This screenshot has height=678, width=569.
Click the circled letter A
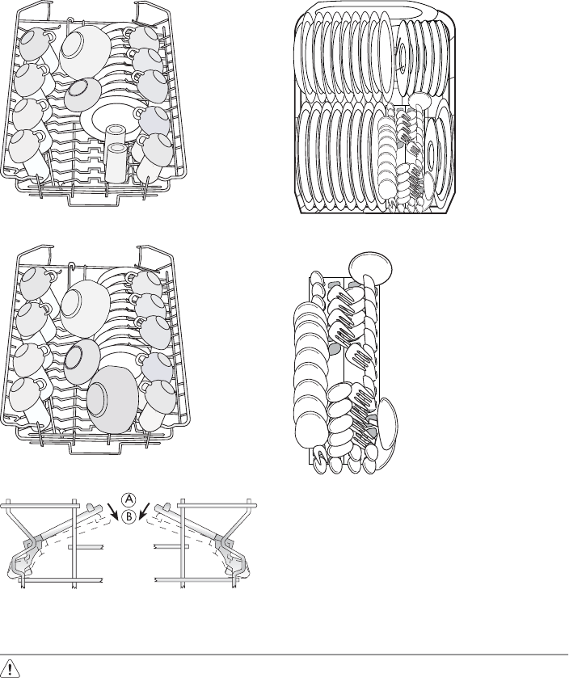click(129, 499)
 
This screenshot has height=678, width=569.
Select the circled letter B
click(129, 516)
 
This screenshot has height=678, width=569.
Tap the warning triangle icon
click(11, 667)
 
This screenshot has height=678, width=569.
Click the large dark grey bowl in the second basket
click(112, 399)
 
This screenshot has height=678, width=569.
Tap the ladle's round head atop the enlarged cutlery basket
click(370, 266)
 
